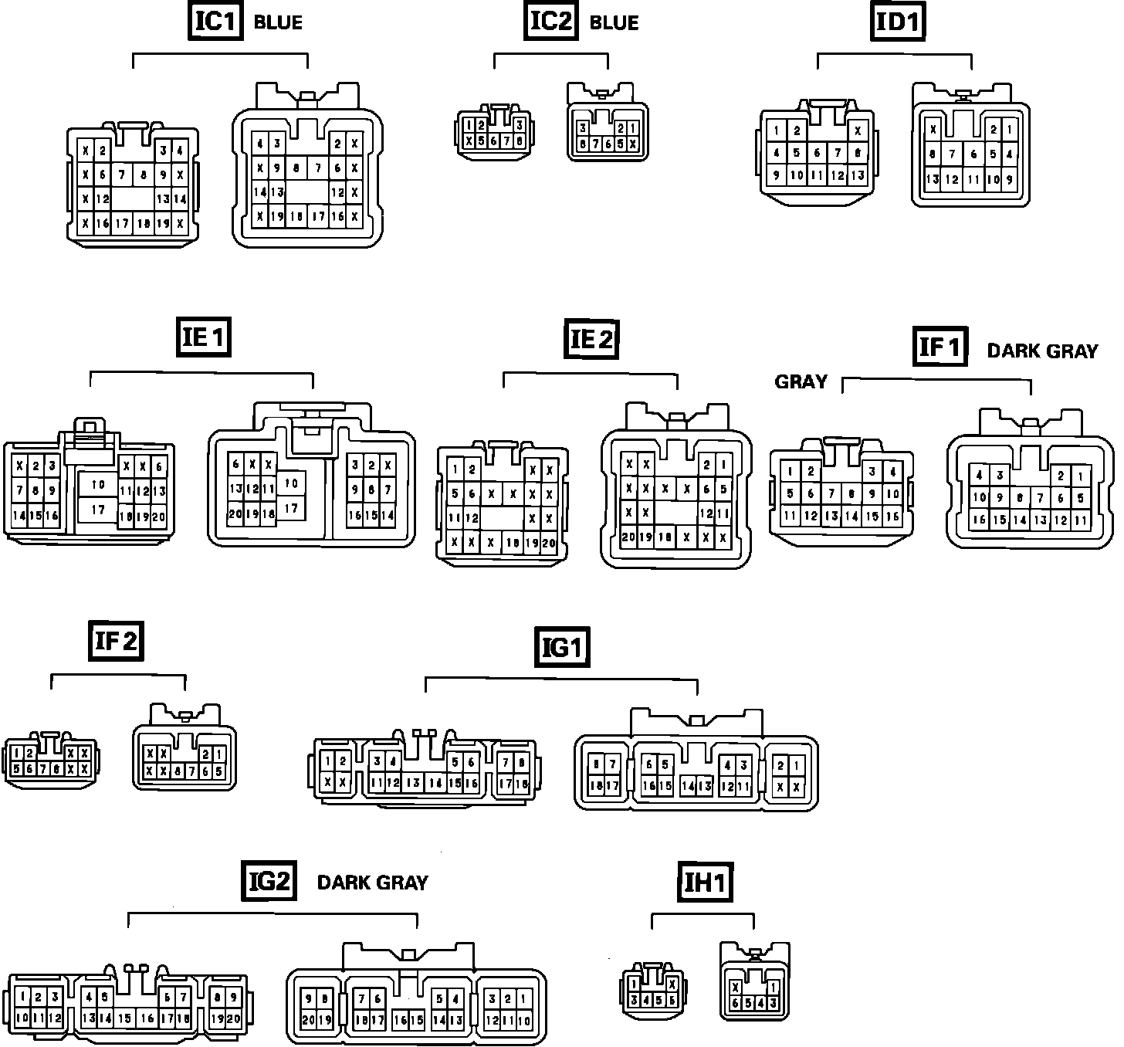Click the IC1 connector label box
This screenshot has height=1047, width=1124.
coord(214,21)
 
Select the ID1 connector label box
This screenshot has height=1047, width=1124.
coord(899,22)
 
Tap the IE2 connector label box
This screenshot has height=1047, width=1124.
coord(592,339)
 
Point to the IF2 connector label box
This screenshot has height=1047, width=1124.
coord(116,641)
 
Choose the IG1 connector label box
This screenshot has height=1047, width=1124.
coord(562,647)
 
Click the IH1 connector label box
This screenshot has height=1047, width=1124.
coord(705,883)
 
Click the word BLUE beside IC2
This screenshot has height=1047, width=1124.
coord(614,22)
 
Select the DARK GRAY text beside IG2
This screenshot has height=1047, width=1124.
coord(372,883)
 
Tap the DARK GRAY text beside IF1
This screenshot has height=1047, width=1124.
coord(1042,351)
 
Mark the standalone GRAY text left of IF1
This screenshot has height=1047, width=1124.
coord(801,381)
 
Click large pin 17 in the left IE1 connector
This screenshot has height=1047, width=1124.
coord(97,510)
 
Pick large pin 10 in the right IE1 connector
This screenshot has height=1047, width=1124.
coord(291,483)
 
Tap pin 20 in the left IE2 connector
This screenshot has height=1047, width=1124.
coord(549,543)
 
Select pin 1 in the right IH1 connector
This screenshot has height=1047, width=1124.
coord(773,986)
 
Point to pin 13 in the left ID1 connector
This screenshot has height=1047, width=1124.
coord(857,175)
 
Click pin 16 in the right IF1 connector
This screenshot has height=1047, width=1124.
coord(979,520)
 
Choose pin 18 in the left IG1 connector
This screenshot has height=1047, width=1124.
coord(523,783)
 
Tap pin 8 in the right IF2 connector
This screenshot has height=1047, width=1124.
coord(178,771)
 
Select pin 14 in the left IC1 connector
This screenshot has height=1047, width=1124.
coord(179,198)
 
